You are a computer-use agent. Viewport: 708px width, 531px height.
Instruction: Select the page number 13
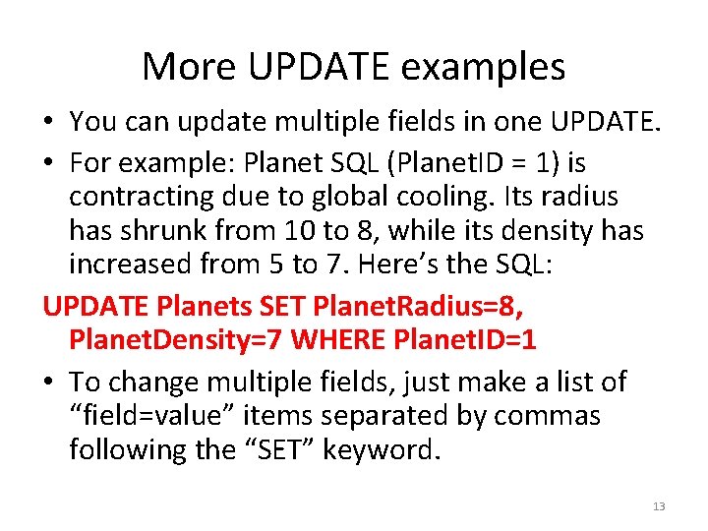click(658, 506)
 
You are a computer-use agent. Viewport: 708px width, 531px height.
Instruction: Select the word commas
click(547, 416)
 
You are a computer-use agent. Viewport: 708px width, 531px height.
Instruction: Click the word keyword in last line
click(400, 450)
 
